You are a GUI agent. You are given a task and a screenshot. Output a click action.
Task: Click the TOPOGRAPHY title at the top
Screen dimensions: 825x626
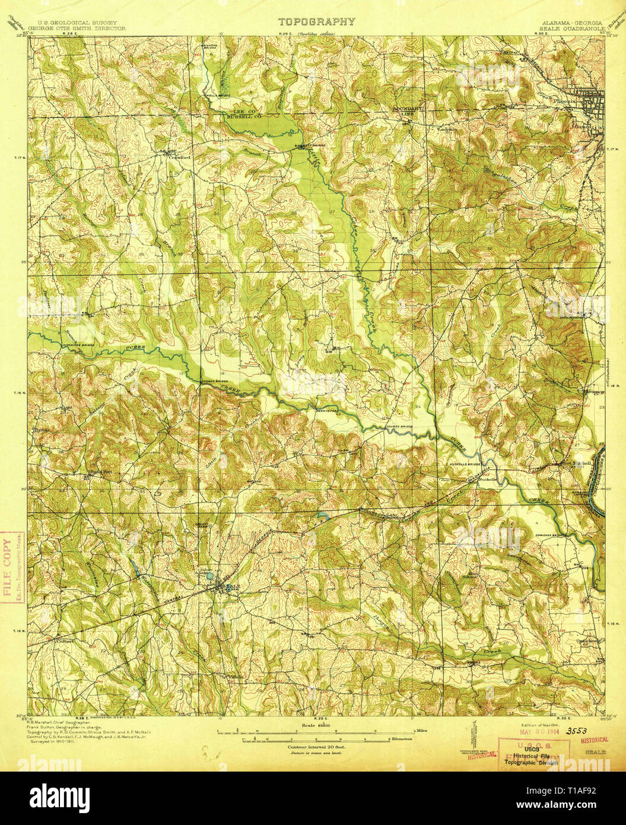click(x=317, y=22)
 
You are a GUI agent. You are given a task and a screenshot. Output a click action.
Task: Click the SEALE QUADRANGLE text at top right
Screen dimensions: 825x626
click(x=570, y=27)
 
